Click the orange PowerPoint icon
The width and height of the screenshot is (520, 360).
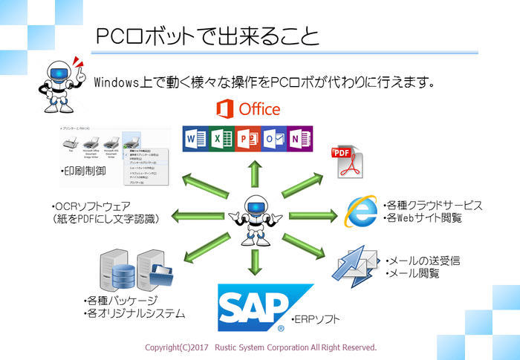pyautogui.click(x=248, y=139)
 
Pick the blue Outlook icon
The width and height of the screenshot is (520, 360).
pyautogui.click(x=274, y=139)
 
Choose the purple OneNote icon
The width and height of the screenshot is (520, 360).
pyautogui.click(x=300, y=139)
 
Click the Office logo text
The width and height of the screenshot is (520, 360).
pyautogui.click(x=248, y=109)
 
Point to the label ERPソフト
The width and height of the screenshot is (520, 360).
pyautogui.click(x=316, y=319)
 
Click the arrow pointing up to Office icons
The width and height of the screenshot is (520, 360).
pyautogui.click(x=254, y=172)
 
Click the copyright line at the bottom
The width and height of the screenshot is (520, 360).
pyautogui.click(x=260, y=347)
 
